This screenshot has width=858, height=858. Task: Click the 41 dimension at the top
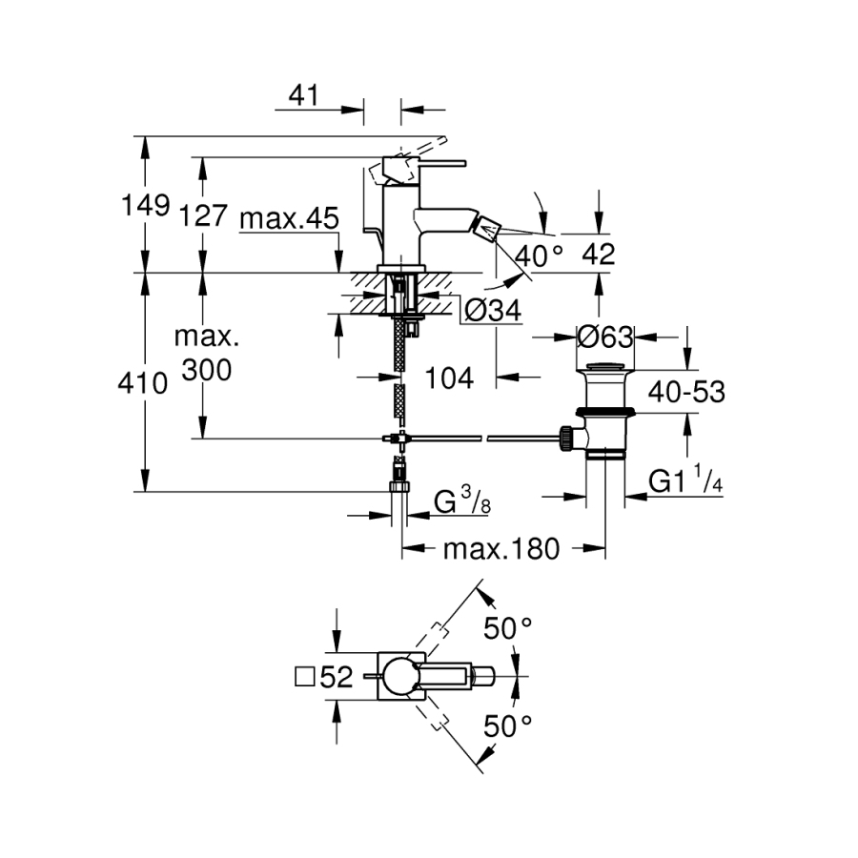[x=302, y=95]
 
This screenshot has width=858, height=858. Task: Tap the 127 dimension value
[x=202, y=215]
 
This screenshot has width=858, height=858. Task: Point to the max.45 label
[x=288, y=218]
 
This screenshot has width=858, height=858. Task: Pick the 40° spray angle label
[x=540, y=255]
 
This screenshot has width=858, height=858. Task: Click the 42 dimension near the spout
[x=597, y=255]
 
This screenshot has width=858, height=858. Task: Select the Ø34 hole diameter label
[x=493, y=310]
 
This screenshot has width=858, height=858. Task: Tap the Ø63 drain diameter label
[x=606, y=337]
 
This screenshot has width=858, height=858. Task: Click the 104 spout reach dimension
[x=449, y=378]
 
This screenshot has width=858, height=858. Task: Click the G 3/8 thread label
[x=462, y=501]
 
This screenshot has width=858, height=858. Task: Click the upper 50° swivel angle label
[x=507, y=628]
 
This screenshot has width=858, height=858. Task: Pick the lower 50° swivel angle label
[x=507, y=725]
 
